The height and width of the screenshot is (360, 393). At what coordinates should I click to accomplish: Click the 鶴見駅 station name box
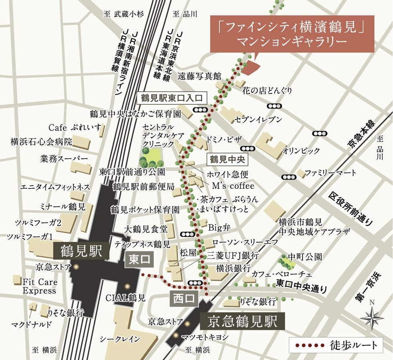pyautogui.click(x=81, y=252)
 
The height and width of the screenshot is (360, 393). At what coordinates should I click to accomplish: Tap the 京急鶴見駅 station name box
pyautogui.click(x=242, y=322)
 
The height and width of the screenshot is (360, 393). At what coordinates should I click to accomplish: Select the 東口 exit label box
pyautogui.click(x=139, y=260)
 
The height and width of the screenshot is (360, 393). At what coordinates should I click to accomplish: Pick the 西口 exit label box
pyautogui.click(x=184, y=299)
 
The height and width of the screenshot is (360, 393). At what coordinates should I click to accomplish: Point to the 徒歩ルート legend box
pyautogui.click(x=335, y=345)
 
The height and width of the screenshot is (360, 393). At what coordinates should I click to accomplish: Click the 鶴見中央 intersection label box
pyautogui.click(x=227, y=159)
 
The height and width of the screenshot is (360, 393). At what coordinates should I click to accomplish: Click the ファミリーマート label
pyautogui.click(x=330, y=173)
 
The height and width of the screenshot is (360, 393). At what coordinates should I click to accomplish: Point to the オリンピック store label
pyautogui.click(x=301, y=151)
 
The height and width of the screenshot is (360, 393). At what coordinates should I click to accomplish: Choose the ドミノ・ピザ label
pyautogui.click(x=224, y=139)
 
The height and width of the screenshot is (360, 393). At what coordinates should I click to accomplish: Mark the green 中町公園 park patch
pyautogui.click(x=287, y=263)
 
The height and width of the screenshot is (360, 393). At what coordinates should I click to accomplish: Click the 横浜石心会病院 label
pyautogui.click(x=41, y=142)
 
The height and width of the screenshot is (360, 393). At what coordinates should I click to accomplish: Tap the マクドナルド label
pyautogui.click(x=31, y=324)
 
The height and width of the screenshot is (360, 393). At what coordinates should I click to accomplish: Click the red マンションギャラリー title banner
pyautogui.click(x=292, y=34)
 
